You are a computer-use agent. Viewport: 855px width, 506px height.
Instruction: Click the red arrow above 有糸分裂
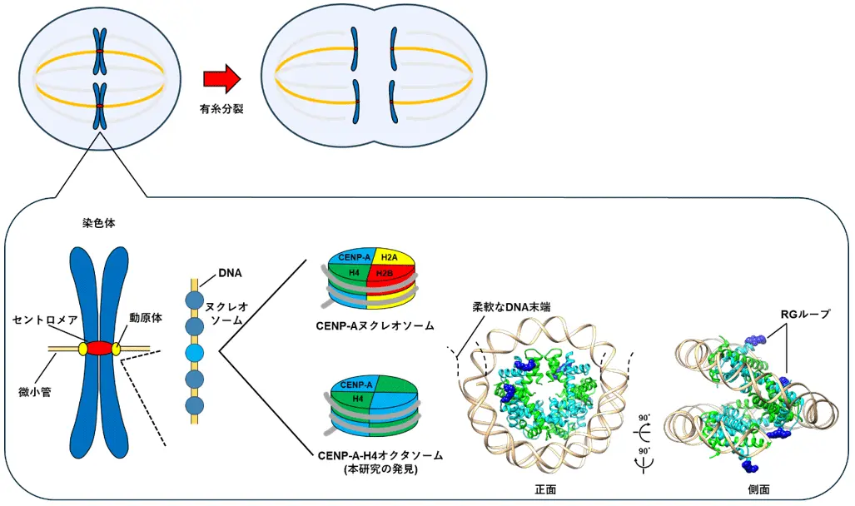[x=221, y=79]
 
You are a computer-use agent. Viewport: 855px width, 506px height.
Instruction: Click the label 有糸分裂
[x=221, y=109]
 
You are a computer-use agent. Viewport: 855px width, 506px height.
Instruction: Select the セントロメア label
[x=46, y=320]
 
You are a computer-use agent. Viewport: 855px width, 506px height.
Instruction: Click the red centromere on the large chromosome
[x=100, y=348]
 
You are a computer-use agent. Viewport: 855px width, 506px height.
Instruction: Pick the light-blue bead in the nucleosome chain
[x=193, y=354]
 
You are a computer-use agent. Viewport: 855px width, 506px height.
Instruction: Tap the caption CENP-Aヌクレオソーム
[x=376, y=325]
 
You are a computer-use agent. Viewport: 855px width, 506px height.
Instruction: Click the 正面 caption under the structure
[x=545, y=491]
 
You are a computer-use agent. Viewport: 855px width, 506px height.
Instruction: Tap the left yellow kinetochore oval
[x=82, y=349]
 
